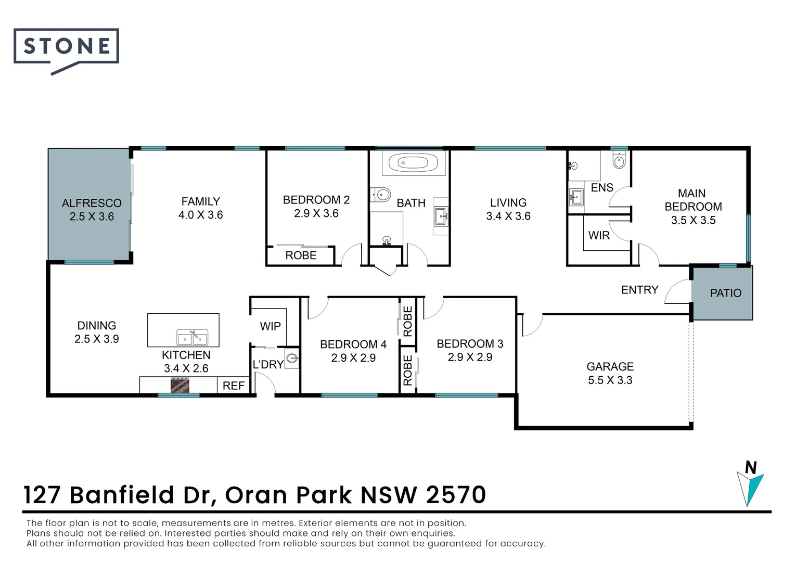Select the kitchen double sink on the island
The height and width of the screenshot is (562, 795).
point(193,337)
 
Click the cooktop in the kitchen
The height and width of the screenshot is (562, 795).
point(179,385)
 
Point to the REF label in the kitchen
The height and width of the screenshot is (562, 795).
point(234,386)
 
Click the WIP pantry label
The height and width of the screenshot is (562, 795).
point(270,326)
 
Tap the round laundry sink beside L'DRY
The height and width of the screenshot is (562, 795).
point(292,359)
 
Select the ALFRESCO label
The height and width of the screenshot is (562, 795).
point(92,203)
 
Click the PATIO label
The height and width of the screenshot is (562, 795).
point(725,293)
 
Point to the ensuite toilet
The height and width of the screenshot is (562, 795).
point(619,160)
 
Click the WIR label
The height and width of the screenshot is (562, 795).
point(599,235)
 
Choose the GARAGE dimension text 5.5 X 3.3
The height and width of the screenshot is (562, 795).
point(610,380)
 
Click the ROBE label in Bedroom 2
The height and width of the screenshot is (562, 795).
point(301,256)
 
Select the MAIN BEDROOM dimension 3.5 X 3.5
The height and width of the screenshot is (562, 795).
point(693,220)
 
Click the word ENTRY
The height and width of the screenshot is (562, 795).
point(639,290)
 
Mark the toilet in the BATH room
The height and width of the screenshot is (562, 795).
point(380,195)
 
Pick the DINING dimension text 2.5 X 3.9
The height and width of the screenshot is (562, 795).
point(97,339)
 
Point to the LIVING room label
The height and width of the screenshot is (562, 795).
point(508,202)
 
